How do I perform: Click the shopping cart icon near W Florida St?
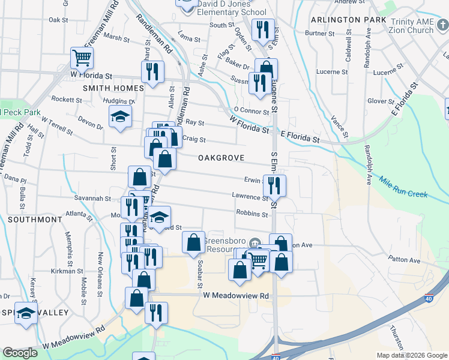click(x=82, y=58)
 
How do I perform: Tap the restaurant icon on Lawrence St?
click(x=274, y=185)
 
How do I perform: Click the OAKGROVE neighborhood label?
click(x=221, y=157)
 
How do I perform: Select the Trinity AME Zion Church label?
click(x=411, y=26)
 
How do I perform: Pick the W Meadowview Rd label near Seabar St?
click(x=236, y=295)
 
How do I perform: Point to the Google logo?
click(x=20, y=352)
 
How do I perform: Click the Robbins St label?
click(x=252, y=214)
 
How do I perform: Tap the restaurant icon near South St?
click(x=262, y=31)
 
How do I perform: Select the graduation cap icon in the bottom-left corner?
click(x=26, y=314)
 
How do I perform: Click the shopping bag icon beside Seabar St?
click(x=193, y=243)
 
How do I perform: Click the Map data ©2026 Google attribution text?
click(x=411, y=355)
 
